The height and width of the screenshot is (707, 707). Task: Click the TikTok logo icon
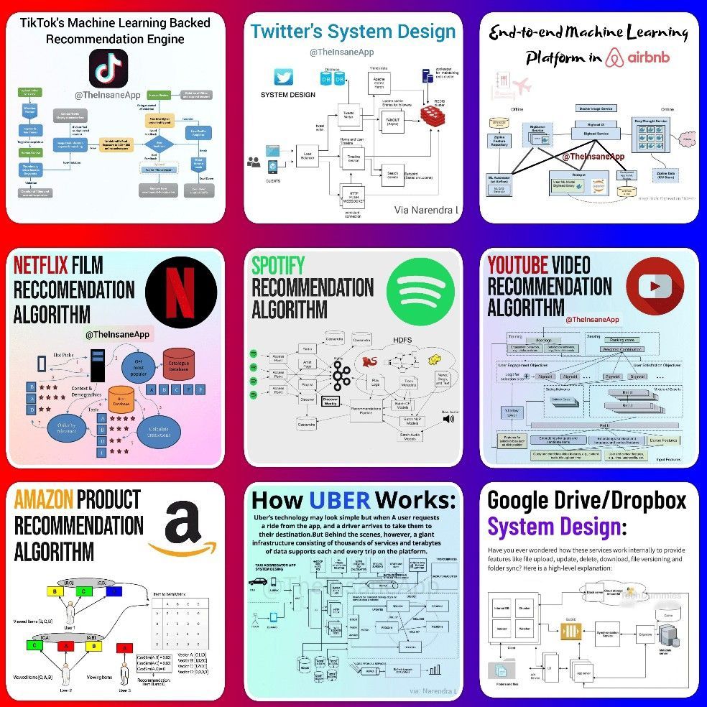[x=108, y=68]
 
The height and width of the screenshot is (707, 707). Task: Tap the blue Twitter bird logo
[x=285, y=78]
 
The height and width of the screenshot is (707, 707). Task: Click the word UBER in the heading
[x=340, y=499]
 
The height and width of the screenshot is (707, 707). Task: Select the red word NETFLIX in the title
[x=41, y=266]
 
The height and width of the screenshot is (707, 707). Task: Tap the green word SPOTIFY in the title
[x=278, y=265]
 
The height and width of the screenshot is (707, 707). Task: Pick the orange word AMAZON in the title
[x=43, y=499]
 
